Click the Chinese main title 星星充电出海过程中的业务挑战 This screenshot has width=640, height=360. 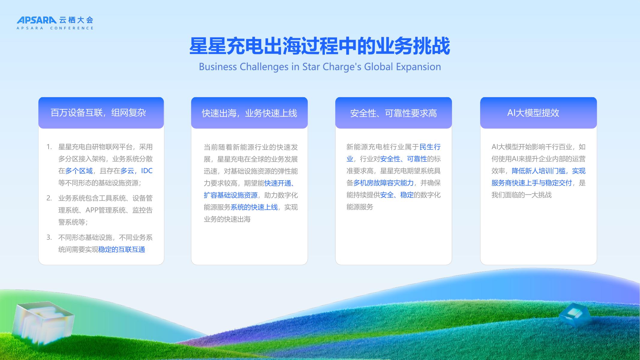(320, 46)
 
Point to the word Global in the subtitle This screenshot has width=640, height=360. (378, 67)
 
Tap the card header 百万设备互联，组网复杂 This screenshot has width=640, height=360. (98, 113)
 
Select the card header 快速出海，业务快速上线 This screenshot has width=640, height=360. (249, 113)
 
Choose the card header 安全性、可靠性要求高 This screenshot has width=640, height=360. (393, 113)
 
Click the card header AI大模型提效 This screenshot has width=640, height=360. (533, 113)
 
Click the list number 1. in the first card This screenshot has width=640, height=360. (49, 147)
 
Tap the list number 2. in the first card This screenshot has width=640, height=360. (49, 198)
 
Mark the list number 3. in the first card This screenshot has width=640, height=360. (49, 237)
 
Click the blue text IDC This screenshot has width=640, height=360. (147, 171)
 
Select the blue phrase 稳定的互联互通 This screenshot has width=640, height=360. (122, 249)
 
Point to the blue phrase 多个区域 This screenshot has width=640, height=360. (79, 171)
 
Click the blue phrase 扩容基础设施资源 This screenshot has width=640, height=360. (230, 195)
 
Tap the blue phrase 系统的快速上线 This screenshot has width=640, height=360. (254, 207)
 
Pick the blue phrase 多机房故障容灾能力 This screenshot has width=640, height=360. (383, 183)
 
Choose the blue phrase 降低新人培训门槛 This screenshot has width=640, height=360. (539, 171)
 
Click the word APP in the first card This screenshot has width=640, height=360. (92, 210)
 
